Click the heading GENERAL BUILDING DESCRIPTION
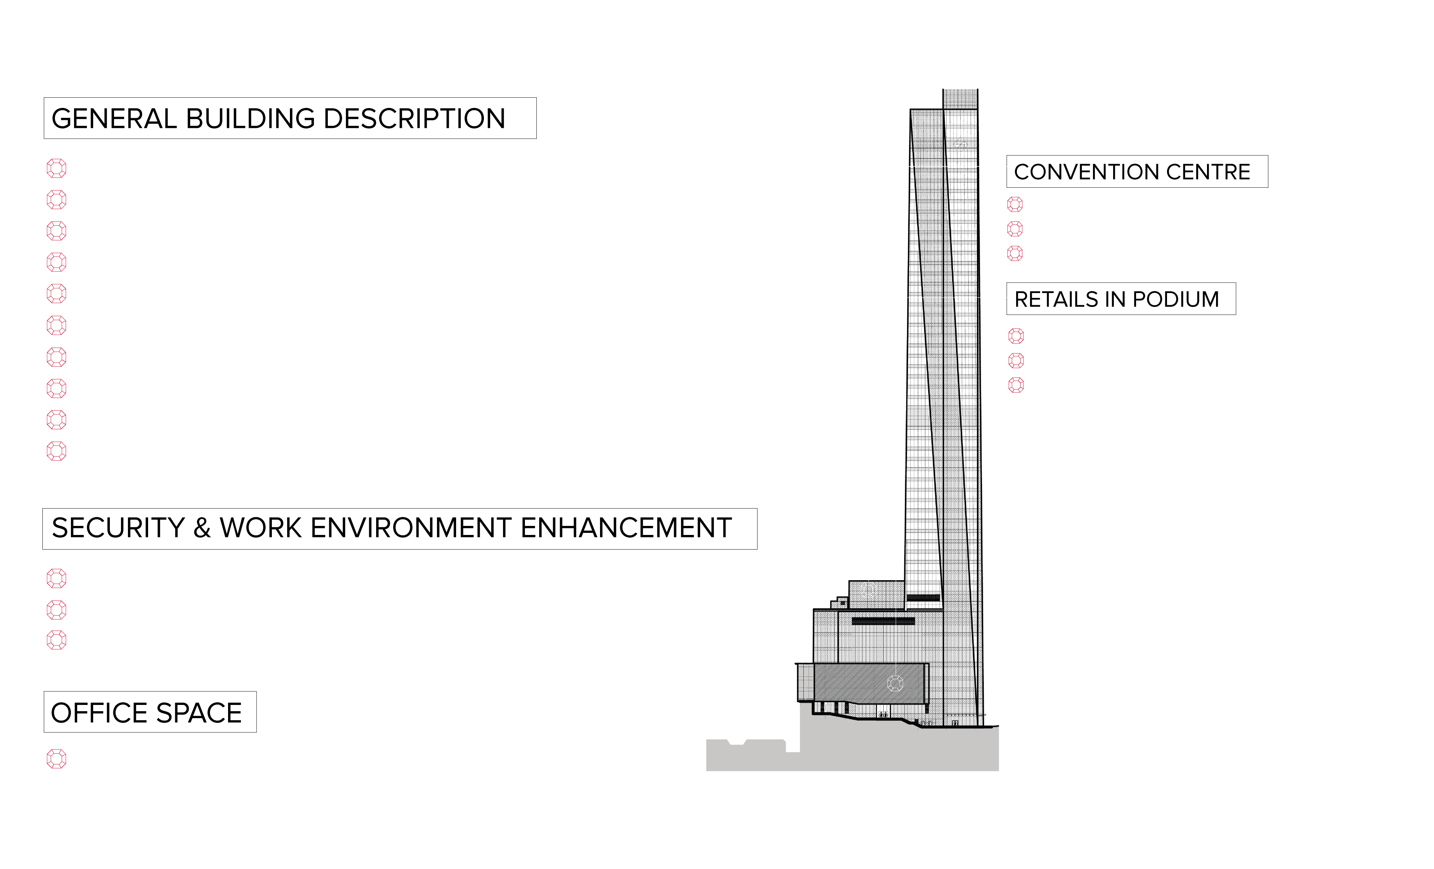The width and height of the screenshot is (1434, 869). pyautogui.click(x=278, y=119)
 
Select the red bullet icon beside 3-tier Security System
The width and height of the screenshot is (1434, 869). pyautogui.click(x=56, y=609)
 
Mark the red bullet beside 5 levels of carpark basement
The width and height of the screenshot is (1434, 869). pyautogui.click(x=56, y=231)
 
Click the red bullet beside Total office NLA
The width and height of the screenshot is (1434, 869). pyautogui.click(x=56, y=759)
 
